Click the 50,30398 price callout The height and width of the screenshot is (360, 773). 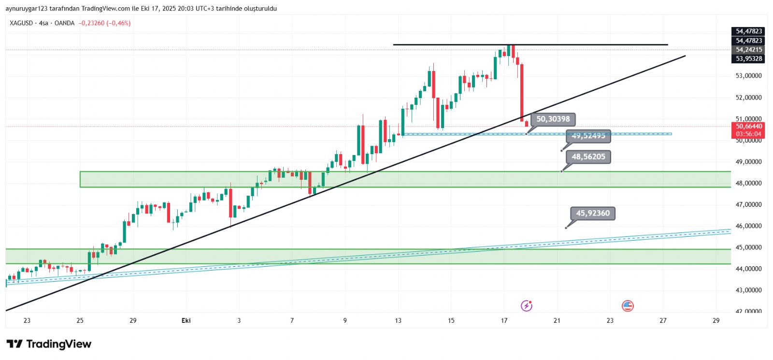point(553,119)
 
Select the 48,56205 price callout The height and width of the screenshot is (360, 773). point(588,157)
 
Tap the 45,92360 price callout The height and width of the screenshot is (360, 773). point(592,213)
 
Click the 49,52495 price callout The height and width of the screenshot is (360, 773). point(588,136)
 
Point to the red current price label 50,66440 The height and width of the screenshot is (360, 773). point(749,127)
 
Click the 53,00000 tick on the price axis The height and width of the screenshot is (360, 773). point(748,76)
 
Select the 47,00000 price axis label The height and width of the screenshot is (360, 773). point(748,204)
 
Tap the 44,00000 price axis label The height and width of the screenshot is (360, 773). point(748,269)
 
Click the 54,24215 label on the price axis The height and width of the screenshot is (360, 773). point(749,50)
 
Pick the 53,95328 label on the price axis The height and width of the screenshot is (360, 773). point(749,59)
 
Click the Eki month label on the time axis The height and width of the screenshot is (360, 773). point(186,320)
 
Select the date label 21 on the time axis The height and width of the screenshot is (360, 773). point(557,320)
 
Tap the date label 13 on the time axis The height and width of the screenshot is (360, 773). point(398,320)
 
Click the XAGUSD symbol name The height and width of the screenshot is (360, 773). point(21,23)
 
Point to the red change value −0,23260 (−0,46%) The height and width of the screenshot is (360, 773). point(104,23)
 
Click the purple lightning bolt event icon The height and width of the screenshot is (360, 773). point(527,305)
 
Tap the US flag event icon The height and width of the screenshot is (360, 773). point(628,305)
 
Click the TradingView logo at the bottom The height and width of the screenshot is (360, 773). point(49,344)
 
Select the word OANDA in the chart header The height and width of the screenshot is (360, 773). point(64,23)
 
